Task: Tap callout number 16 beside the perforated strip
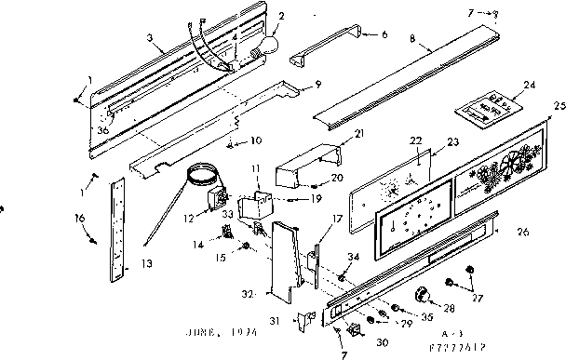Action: [x=79, y=218]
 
